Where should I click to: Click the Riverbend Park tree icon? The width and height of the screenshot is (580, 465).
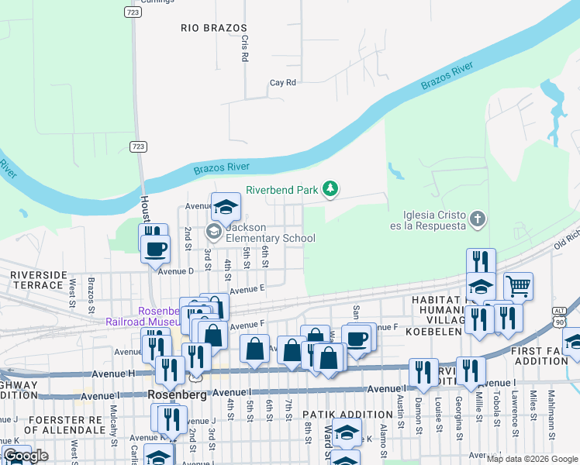[x=331, y=188]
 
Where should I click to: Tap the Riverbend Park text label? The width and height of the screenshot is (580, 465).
[x=282, y=189]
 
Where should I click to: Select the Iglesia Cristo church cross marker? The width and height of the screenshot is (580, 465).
[x=478, y=219]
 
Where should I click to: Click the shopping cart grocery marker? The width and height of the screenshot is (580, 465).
[x=518, y=285]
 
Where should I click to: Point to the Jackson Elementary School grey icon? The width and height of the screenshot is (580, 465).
[x=213, y=232]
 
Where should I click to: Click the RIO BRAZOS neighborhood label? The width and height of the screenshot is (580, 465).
[x=202, y=27]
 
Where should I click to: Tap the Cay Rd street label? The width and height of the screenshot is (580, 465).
[x=283, y=82]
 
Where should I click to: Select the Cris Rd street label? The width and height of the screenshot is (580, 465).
[x=245, y=48]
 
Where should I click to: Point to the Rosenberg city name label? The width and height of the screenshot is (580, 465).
[x=178, y=394]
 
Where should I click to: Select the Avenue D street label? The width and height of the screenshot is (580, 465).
[x=175, y=271]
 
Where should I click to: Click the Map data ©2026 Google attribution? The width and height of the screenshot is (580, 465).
[x=532, y=459]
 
